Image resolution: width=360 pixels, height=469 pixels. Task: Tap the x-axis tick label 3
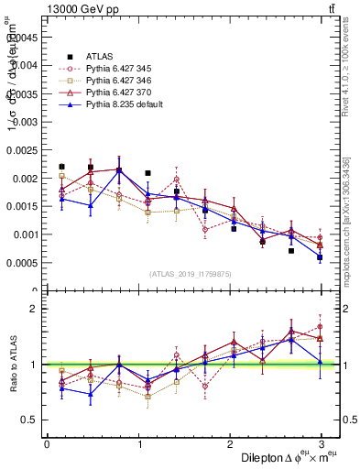[x=322, y=443]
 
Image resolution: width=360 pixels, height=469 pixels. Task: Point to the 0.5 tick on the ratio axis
[x=29, y=420]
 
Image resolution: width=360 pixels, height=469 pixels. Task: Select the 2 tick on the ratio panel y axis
[x=34, y=309]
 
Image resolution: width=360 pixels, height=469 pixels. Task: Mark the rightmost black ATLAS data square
[x=320, y=257]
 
